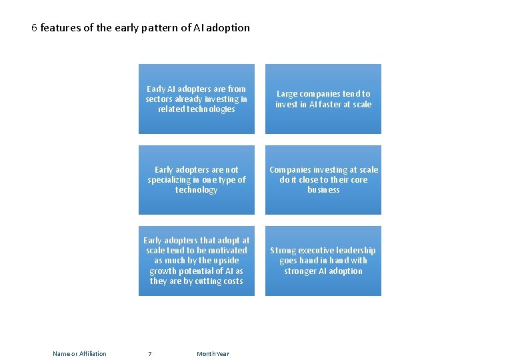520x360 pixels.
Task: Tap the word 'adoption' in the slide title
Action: [x=228, y=28]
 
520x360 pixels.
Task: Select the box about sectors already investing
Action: [x=197, y=99]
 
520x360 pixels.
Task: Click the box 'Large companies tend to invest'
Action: [x=323, y=99]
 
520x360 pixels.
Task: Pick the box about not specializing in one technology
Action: [x=197, y=180]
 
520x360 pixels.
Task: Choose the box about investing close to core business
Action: [x=323, y=180]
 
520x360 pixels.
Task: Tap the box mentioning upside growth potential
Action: [x=197, y=261]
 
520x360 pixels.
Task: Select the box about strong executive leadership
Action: [x=323, y=261]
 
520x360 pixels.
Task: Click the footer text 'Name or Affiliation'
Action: [x=79, y=353]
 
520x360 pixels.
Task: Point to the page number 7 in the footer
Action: [x=149, y=353]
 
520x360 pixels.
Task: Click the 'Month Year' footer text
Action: [x=213, y=353]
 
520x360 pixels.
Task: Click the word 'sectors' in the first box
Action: [x=160, y=99]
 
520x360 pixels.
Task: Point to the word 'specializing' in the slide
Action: [x=172, y=180]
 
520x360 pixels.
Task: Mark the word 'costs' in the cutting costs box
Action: [x=230, y=281]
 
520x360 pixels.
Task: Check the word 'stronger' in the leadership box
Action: [x=302, y=271]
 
